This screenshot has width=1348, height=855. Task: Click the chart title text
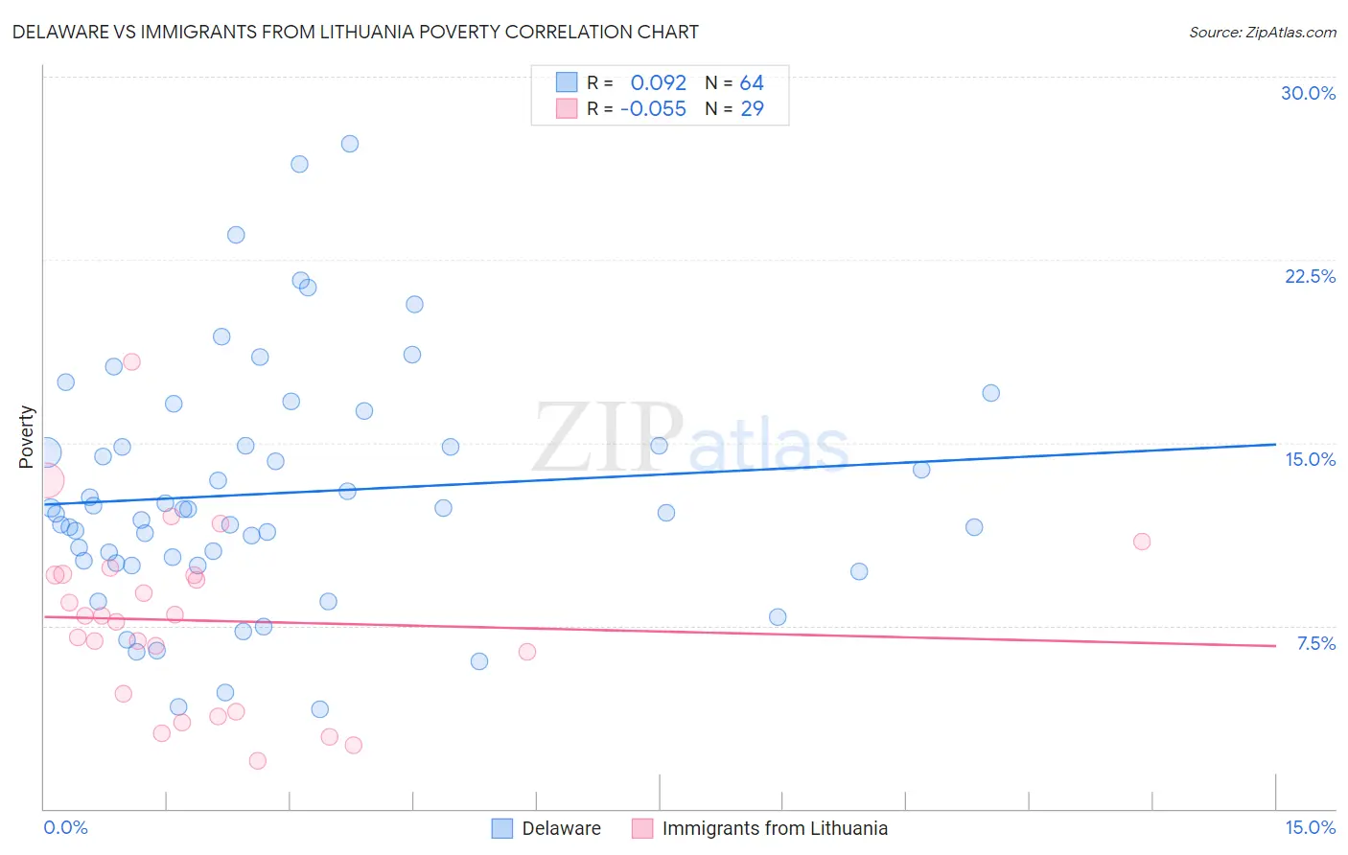tap(356, 32)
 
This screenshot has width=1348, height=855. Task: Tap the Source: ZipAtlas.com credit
tap(1262, 32)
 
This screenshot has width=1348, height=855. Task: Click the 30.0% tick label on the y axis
tap(1308, 93)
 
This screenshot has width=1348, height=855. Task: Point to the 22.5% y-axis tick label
tap(1310, 276)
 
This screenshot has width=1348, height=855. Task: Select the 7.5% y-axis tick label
tap(1315, 643)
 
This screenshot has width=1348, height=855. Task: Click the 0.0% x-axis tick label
tap(65, 827)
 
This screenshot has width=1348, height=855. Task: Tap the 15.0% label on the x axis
tap(1310, 827)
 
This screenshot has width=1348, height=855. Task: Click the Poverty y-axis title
tap(26, 437)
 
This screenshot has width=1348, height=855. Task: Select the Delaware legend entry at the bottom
tap(546, 828)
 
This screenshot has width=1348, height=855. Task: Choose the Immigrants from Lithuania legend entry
tap(760, 828)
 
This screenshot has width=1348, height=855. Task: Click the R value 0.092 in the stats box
tap(658, 83)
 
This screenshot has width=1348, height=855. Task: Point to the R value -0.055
tap(653, 109)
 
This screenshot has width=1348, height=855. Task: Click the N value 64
tap(752, 83)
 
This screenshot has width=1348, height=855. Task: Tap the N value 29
tap(752, 109)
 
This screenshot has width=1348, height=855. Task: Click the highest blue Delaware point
tap(350, 144)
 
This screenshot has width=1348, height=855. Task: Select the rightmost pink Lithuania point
tap(1141, 542)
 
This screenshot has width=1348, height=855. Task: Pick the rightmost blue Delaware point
tap(990, 393)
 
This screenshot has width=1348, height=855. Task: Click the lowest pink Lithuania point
tap(257, 761)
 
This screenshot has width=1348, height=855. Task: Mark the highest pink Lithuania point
tap(131, 361)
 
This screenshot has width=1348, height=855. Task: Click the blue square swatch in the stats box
tap(567, 82)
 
